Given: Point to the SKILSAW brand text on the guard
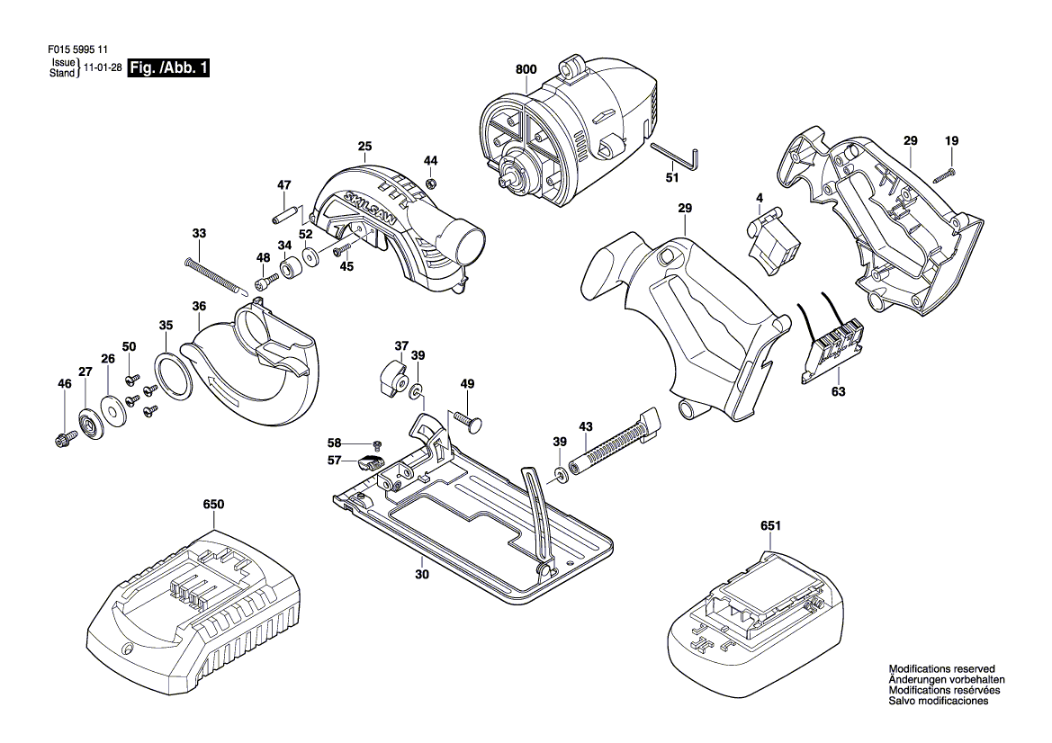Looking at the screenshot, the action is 371,207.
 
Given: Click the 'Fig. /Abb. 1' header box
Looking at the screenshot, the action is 168,67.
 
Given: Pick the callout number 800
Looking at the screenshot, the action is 526,70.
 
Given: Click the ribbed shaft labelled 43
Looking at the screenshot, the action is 615,443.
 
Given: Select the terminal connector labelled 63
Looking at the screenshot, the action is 832,341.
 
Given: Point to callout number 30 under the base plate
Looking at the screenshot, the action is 421,574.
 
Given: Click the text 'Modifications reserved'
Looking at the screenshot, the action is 941,668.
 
